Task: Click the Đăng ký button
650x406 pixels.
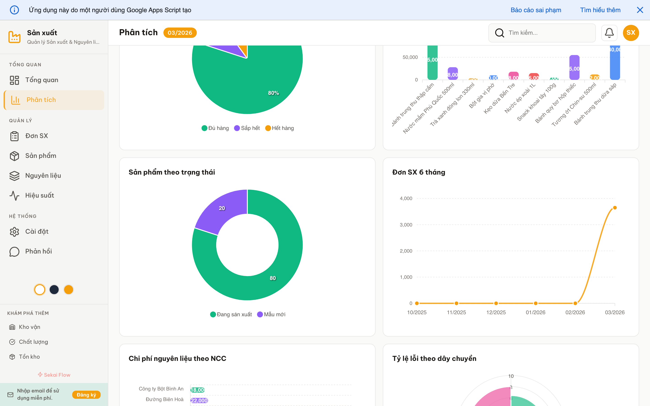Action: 86,394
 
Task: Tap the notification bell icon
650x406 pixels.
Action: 609,33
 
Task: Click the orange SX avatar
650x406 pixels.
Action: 631,33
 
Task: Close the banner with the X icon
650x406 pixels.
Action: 640,10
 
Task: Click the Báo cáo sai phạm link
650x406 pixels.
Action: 536,10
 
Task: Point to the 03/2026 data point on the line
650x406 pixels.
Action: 615,208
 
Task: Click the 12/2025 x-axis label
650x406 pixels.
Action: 496,312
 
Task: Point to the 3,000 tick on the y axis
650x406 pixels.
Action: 406,225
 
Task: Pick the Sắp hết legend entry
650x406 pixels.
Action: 247,128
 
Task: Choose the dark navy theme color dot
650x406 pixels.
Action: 54,289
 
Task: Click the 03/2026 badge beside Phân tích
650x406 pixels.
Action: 180,33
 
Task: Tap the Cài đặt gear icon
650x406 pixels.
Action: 14,231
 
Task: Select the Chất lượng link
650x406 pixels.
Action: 33,341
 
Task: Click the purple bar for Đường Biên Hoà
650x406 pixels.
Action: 199,400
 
